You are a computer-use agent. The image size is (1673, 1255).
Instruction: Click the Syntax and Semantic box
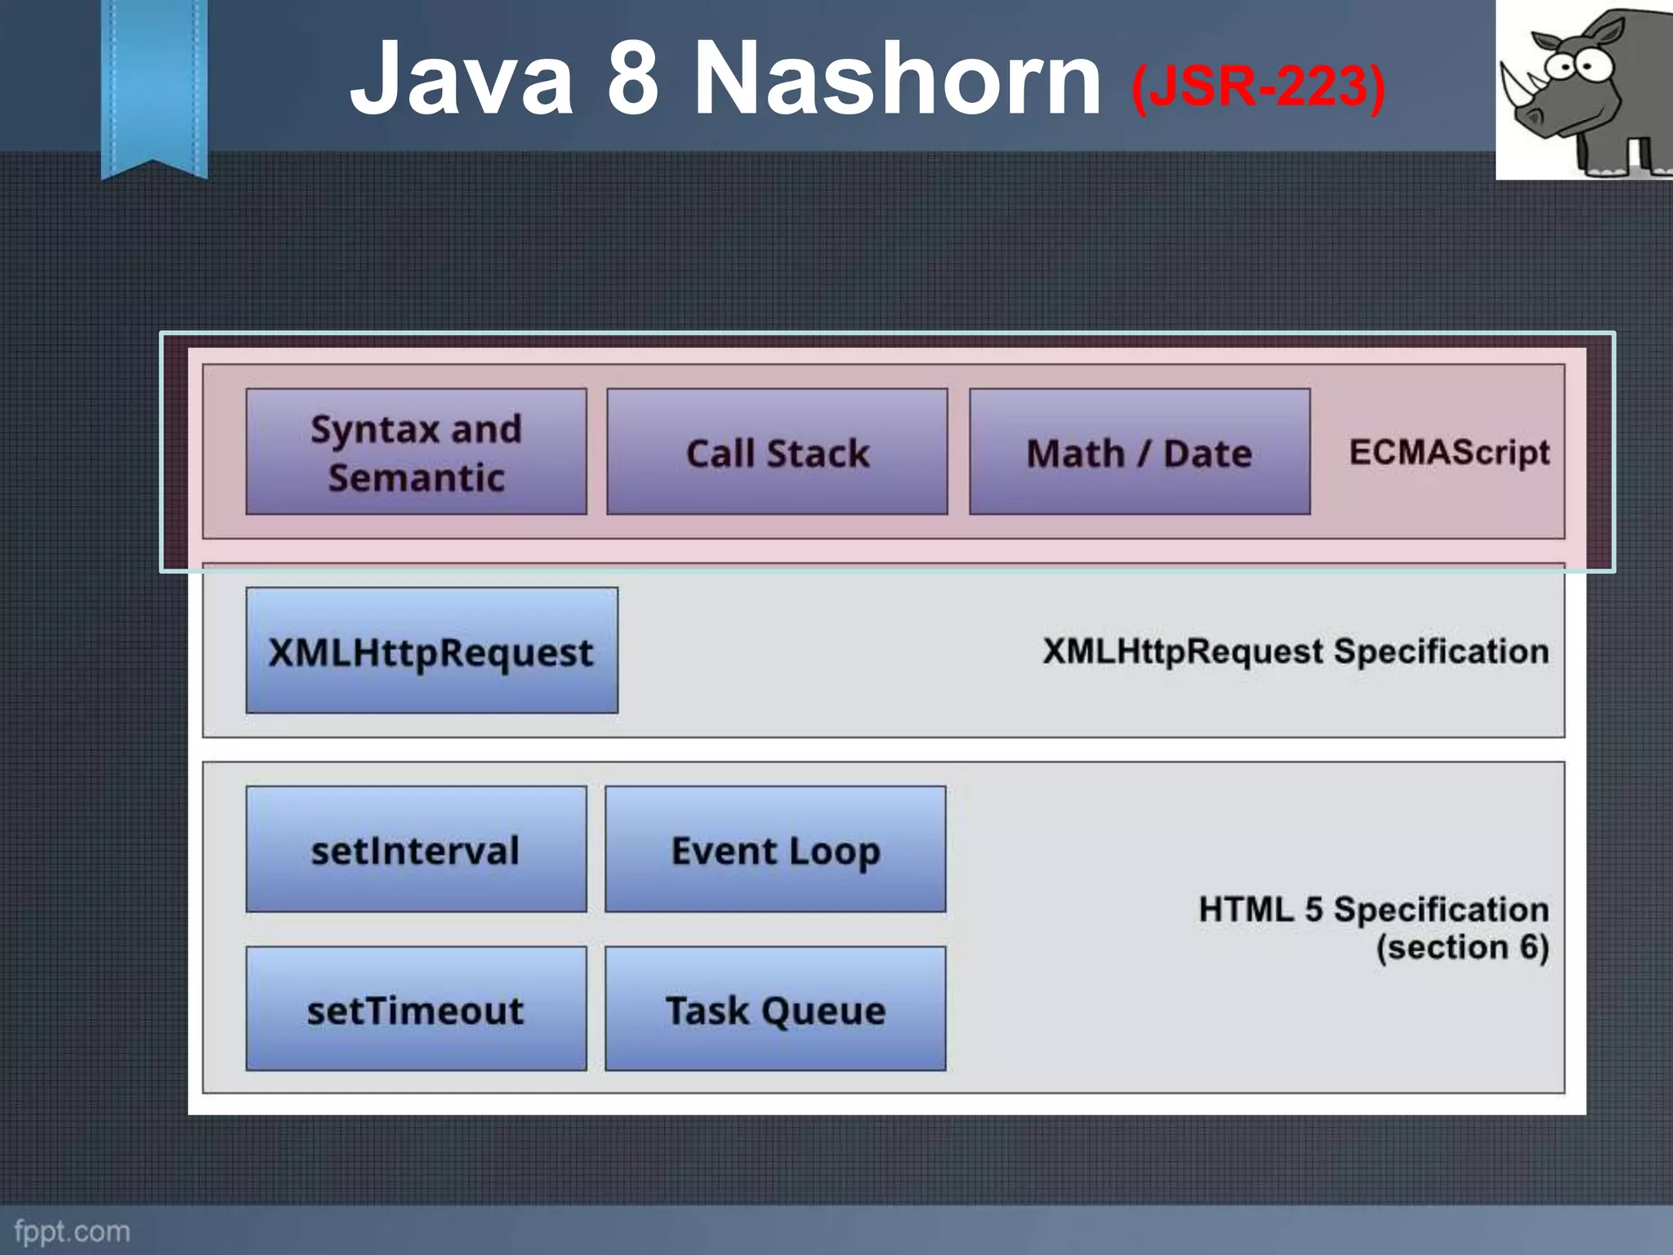pos(416,452)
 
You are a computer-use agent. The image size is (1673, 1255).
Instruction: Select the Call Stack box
pos(777,452)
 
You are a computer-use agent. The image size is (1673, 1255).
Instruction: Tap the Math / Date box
pos(1140,452)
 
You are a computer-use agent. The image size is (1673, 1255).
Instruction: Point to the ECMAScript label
pos(1448,452)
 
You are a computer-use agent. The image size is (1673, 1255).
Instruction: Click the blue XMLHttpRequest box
pos(431,651)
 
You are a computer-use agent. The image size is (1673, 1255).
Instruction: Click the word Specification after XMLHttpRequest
pos(1440,651)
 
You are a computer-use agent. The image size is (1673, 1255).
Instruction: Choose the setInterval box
pos(416,850)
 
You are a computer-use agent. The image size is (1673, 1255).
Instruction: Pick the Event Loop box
pos(775,850)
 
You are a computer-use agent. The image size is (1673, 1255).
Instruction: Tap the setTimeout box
pos(416,1009)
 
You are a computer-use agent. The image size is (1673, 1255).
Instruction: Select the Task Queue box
pos(775,1009)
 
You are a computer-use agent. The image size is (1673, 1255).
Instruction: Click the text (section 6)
pos(1462,948)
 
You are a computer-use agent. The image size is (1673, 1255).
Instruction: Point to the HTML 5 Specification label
pos(1373,909)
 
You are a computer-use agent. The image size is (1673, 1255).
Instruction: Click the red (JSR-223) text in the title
pos(1258,86)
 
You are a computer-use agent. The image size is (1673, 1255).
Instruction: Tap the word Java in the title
pos(462,79)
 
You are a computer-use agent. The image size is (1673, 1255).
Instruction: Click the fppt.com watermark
pos(72,1231)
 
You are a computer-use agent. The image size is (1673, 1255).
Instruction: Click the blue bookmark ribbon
pos(154,82)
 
